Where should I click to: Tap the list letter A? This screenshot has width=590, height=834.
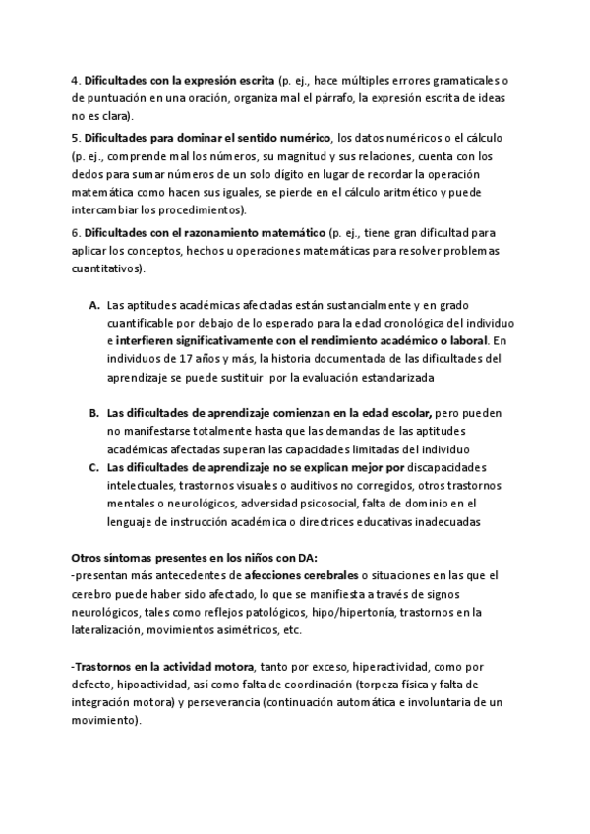[94, 306]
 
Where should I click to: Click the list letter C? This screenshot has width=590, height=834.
[94, 468]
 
